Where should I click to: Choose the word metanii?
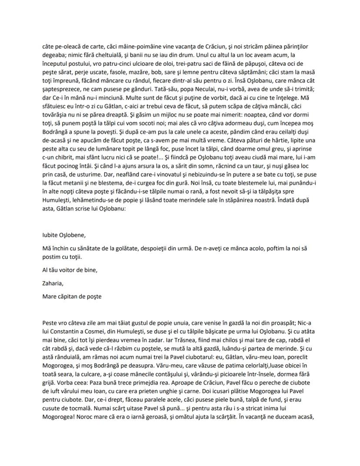click(x=90, y=195)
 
